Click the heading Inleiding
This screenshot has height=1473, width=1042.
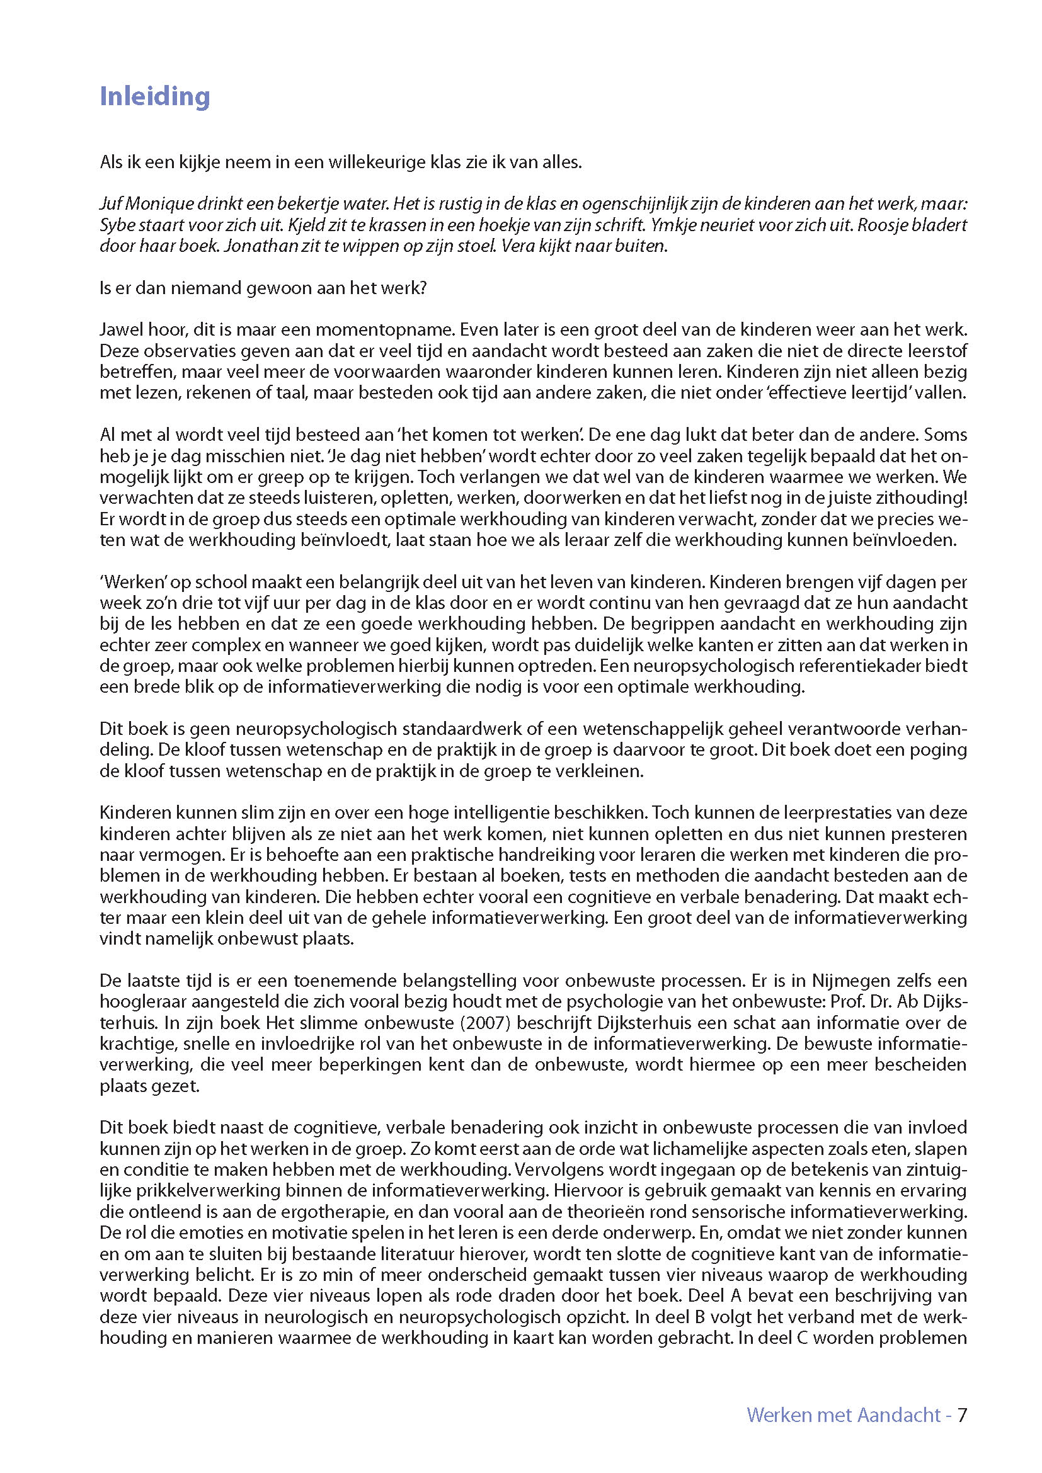coord(154,96)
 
